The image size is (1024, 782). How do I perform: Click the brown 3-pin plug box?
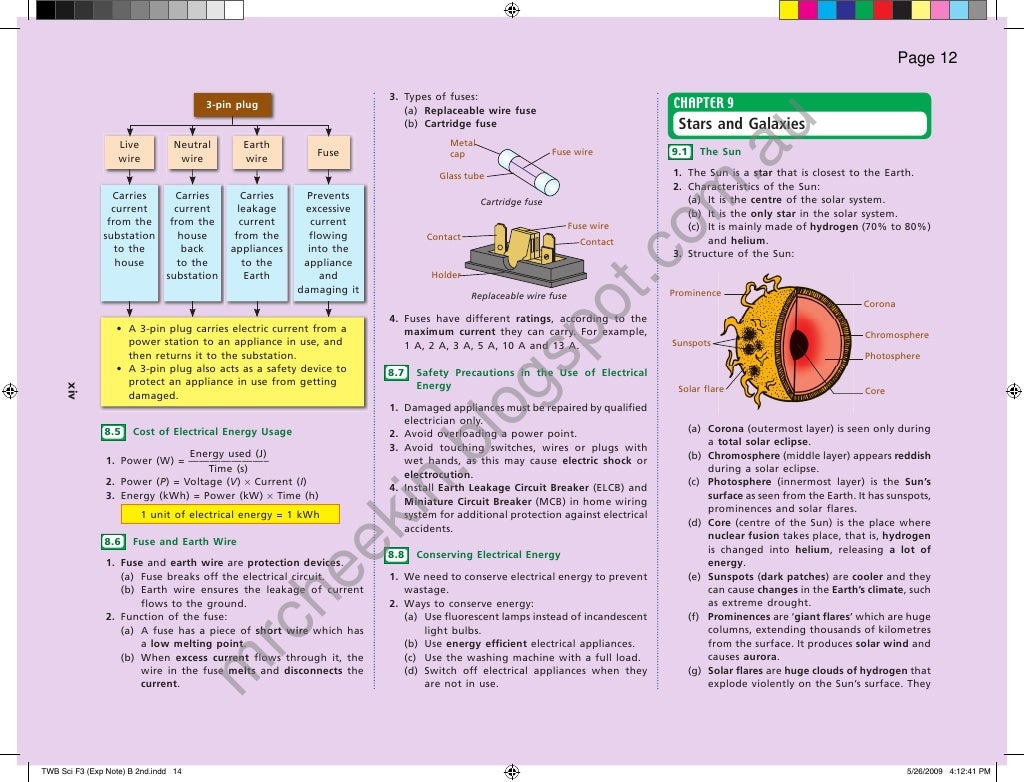232,105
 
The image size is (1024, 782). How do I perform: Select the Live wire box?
129,152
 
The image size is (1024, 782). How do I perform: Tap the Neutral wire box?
192,152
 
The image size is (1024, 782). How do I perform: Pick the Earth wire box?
257,152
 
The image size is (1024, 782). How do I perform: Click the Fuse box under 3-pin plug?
328,153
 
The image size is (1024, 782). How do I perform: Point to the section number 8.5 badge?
112,432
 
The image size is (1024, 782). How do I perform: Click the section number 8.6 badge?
112,542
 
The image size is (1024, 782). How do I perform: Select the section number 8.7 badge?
395,373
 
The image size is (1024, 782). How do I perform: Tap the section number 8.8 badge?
395,555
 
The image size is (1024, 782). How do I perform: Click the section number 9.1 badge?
680,152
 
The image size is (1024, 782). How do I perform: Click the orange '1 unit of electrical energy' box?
230,515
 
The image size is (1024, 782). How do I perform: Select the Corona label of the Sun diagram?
880,304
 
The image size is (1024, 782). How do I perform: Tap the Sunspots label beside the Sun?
691,343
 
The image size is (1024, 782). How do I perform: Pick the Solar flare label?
700,389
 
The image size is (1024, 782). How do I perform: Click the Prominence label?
695,293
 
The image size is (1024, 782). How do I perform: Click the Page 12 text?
927,58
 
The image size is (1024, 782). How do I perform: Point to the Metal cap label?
457,149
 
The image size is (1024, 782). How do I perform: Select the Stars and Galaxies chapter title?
741,124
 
